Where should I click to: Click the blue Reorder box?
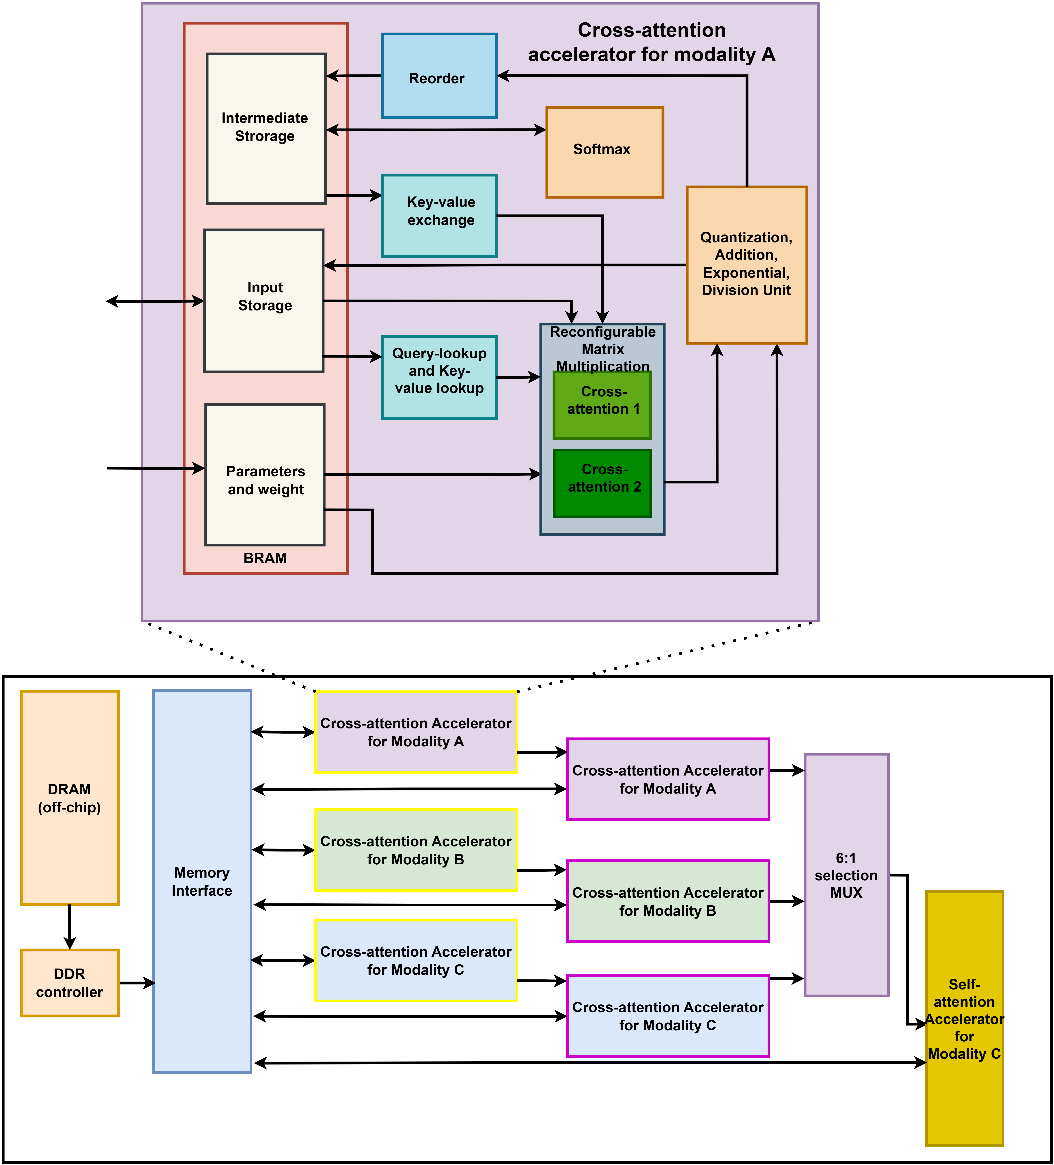coord(439,76)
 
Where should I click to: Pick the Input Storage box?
coord(264,300)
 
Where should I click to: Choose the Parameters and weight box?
coord(265,474)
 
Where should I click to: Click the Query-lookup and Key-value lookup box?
coord(439,377)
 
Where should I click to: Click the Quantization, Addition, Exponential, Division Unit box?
coord(747,265)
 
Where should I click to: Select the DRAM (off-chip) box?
coord(70,798)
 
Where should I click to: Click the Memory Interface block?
coord(202,881)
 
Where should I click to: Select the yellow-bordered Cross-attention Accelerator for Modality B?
coord(416,850)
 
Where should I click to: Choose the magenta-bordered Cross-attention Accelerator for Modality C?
coord(668,1016)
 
